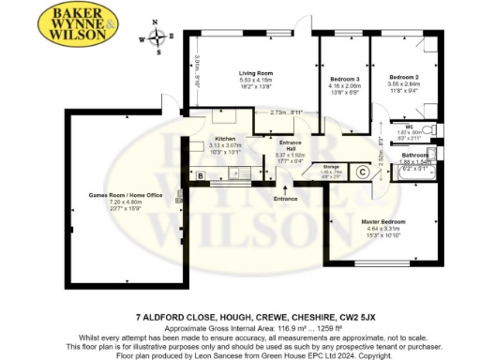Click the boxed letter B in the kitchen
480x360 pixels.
pyautogui.click(x=201, y=174)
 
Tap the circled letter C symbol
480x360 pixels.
pyautogui.click(x=362, y=172)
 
